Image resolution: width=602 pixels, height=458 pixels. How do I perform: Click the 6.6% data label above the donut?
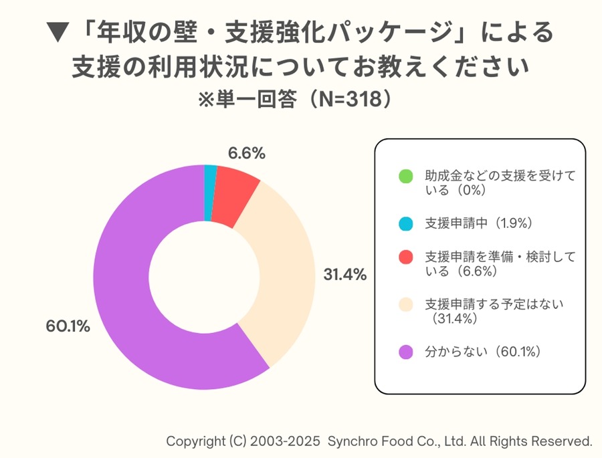246,153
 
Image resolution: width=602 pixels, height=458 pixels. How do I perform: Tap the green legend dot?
405,177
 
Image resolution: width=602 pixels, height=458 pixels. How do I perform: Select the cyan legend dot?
405,223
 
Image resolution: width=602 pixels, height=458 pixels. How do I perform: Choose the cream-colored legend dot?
405,305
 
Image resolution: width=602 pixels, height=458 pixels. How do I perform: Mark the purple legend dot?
405,352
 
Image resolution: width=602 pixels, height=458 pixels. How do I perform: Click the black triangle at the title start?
60,31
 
